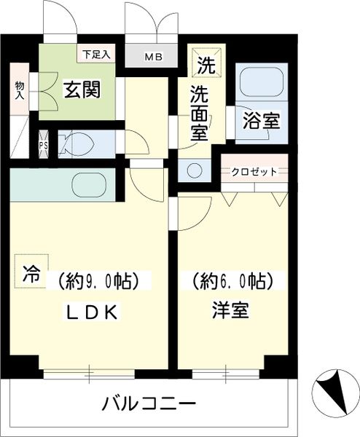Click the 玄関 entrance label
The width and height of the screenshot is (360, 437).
[82, 89]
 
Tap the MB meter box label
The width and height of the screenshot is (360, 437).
[153, 57]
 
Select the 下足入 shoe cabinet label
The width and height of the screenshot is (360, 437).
[96, 54]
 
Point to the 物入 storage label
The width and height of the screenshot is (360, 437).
[20, 91]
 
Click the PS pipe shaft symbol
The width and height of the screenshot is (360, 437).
[43, 145]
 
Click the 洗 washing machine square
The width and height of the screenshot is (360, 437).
[206, 63]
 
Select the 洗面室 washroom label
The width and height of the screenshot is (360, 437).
[200, 113]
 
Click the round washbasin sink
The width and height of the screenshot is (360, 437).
[195, 170]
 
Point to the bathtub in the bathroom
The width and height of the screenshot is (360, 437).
[262, 82]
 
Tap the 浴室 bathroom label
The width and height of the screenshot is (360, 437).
[262, 120]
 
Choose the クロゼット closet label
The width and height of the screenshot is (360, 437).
[254, 172]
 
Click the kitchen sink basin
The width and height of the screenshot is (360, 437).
[89, 184]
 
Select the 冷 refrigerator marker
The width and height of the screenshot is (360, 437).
[31, 272]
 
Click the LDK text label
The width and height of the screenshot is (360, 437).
[92, 312]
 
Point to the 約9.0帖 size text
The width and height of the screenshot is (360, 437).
[98, 280]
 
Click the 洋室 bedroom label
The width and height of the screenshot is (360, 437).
[230, 310]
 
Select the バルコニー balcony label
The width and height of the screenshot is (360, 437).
[149, 403]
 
